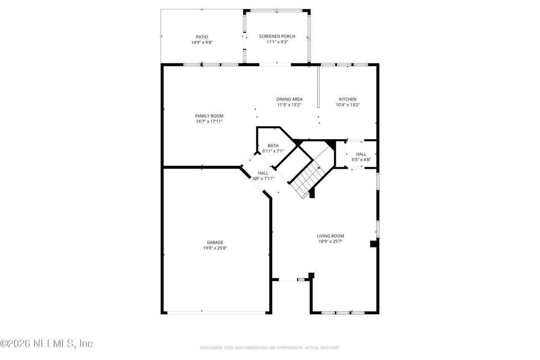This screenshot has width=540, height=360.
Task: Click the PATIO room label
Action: pyautogui.click(x=202, y=37)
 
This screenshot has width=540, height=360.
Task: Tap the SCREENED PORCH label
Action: pyautogui.click(x=277, y=36)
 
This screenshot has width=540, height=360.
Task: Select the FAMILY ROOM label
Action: pyautogui.click(x=209, y=116)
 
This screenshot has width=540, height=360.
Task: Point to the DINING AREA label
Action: pyautogui.click(x=289, y=99)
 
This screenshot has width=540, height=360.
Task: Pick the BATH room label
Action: pyautogui.click(x=273, y=146)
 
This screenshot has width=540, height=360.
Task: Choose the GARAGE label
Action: pyautogui.click(x=215, y=242)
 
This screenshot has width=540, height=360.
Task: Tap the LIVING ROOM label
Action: pyautogui.click(x=330, y=236)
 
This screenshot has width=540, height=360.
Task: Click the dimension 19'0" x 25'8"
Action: pyautogui.click(x=215, y=248)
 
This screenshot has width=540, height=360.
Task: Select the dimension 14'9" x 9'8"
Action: pyautogui.click(x=202, y=42)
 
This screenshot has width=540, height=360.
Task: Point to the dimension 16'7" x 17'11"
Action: pyautogui.click(x=209, y=122)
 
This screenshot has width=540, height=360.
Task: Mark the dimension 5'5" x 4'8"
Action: pyautogui.click(x=361, y=160)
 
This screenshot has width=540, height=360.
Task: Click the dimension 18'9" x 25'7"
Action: pyautogui.click(x=330, y=241)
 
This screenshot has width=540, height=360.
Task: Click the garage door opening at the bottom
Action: pyautogui.click(x=216, y=312)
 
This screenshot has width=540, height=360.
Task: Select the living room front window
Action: pyautogui.click(x=343, y=313)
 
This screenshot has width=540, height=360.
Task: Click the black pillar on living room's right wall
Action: pyautogui.click(x=373, y=244)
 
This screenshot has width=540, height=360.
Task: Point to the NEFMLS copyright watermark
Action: pyautogui.click(x=46, y=344)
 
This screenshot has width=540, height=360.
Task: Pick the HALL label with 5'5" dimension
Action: pyautogui.click(x=361, y=154)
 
